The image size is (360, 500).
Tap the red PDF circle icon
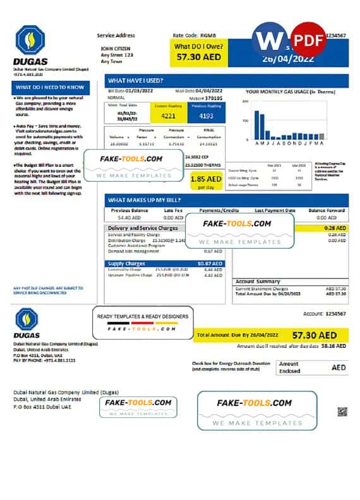click(307, 39)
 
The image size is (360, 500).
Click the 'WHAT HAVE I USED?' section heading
click(136, 81)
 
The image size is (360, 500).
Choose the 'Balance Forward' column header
click(327, 210)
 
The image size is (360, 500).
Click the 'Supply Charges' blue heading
click(124, 263)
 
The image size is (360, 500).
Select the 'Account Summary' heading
click(257, 281)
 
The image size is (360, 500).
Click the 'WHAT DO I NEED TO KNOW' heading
click(51, 87)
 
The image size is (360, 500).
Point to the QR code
click(342, 412)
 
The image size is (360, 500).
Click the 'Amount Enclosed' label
click(290, 367)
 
